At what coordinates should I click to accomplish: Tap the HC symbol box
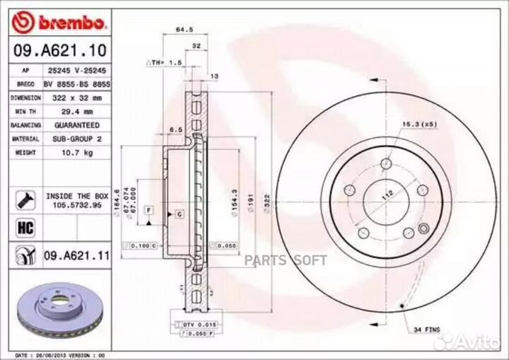(x=22, y=227)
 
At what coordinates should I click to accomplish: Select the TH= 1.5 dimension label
(x=165, y=63)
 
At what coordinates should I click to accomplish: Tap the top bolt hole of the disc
(x=385, y=165)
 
